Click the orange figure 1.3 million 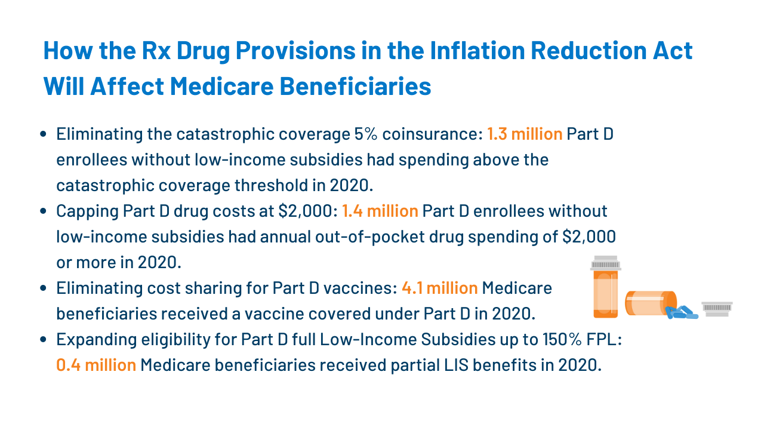coord(525,134)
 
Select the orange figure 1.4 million coord(380,211)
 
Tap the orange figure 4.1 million coord(439,288)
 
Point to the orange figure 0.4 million coord(96,365)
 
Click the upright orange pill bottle coord(606,293)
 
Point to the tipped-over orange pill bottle coord(649,303)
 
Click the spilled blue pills coord(682,312)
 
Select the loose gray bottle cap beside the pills coord(717,308)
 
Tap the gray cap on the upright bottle coord(606,263)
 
